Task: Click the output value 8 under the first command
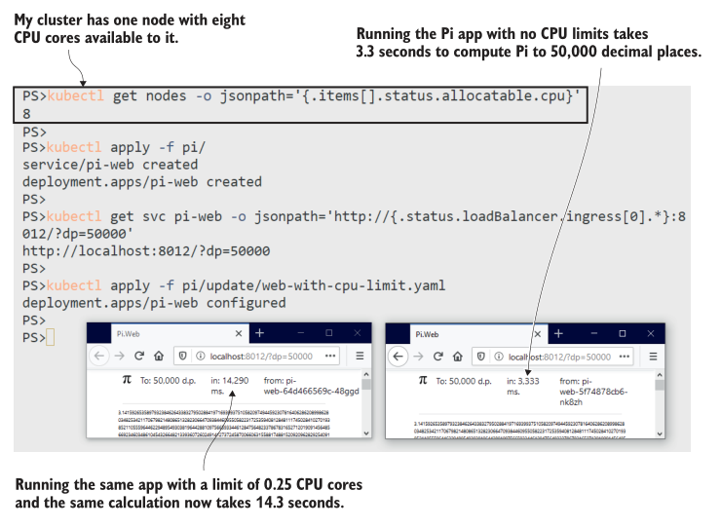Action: [x=27, y=113]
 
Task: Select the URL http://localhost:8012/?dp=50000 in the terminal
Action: [x=133, y=249]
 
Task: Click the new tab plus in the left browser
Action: [x=259, y=333]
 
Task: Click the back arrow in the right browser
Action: [x=398, y=357]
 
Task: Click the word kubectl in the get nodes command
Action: [x=72, y=95]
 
